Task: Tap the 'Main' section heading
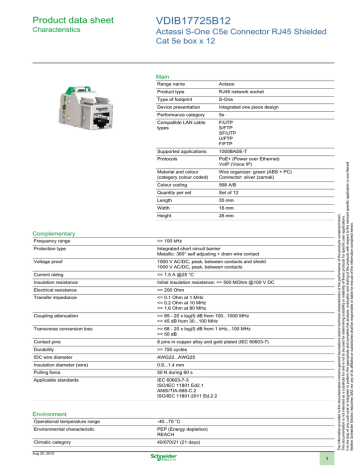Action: pos(153,76)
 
